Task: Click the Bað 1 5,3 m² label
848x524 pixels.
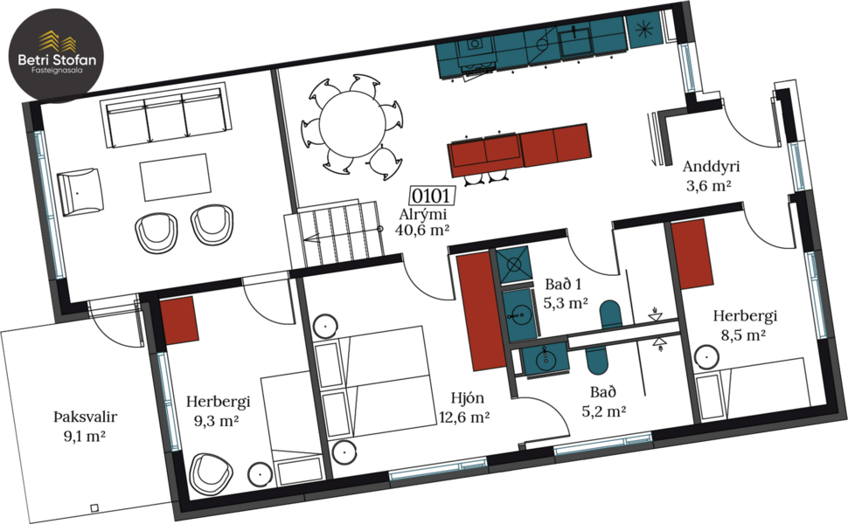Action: (x=564, y=294)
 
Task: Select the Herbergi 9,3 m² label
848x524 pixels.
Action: (x=218, y=410)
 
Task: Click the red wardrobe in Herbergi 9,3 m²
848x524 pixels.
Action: (x=179, y=319)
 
